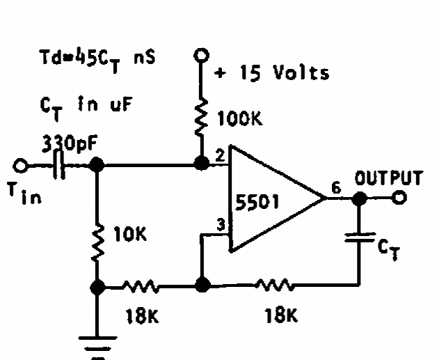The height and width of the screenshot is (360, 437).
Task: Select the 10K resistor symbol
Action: pos(97,237)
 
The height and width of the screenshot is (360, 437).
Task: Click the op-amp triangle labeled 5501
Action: pos(271,199)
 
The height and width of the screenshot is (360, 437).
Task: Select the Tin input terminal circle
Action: pos(22,166)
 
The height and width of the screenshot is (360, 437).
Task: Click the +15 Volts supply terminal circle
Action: pos(201,54)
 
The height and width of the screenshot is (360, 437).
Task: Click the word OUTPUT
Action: pos(388,178)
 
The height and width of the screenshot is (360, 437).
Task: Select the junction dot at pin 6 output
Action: pos(359,198)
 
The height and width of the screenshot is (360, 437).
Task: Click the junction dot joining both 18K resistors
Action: pos(201,285)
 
